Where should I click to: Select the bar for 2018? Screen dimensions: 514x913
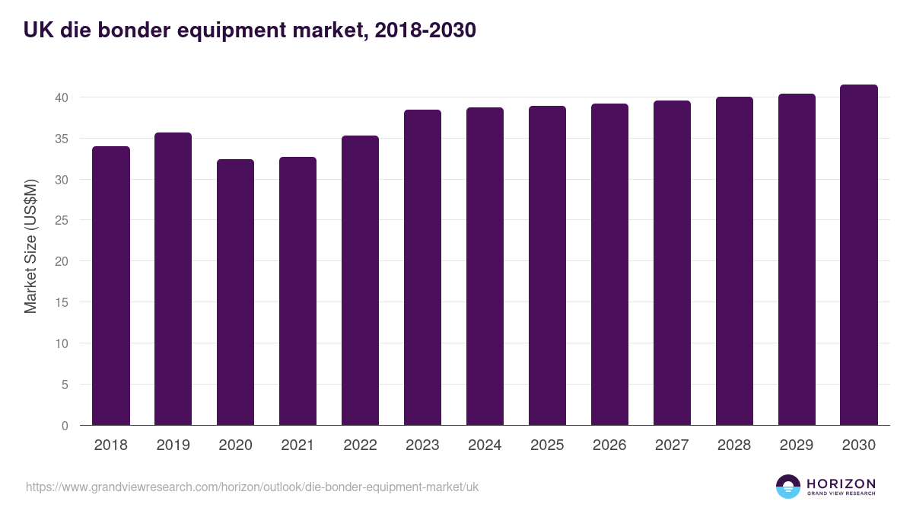(x=111, y=286)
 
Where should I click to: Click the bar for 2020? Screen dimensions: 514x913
(x=235, y=292)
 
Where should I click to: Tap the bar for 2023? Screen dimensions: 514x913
(x=422, y=267)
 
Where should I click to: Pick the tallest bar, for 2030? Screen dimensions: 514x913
(x=859, y=255)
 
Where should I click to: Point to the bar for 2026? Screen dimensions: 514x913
(x=609, y=264)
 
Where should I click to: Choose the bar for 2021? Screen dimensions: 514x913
(x=297, y=291)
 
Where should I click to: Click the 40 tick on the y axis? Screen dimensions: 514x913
(x=62, y=97)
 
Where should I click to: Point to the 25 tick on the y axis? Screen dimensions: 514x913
(x=62, y=221)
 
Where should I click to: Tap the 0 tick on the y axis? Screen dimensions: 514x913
(x=65, y=426)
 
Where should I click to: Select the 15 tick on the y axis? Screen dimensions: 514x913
(x=62, y=303)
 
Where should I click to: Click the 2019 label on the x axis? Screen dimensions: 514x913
(x=173, y=445)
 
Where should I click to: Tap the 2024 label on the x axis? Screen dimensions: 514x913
(x=485, y=445)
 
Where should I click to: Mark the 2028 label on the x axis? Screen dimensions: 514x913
(x=734, y=445)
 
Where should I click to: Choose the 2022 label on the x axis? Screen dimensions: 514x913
(x=360, y=445)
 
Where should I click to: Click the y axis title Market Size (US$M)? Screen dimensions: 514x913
(x=30, y=245)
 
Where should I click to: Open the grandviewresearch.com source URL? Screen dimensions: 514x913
(x=252, y=487)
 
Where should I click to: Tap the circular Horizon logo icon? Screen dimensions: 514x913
(x=788, y=487)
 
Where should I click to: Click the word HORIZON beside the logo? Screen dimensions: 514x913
(x=841, y=484)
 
